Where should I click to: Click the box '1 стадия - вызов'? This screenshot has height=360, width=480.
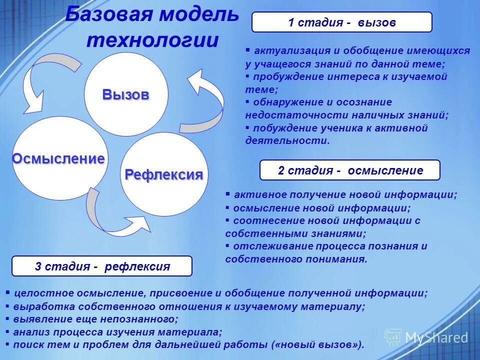[x=341, y=22]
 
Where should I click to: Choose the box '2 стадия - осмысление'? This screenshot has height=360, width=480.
[x=350, y=170]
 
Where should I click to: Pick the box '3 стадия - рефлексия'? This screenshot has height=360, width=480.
[x=102, y=266]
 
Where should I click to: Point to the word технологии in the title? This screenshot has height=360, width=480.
[x=152, y=40]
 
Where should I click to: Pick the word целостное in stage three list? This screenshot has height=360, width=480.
[x=37, y=293]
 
